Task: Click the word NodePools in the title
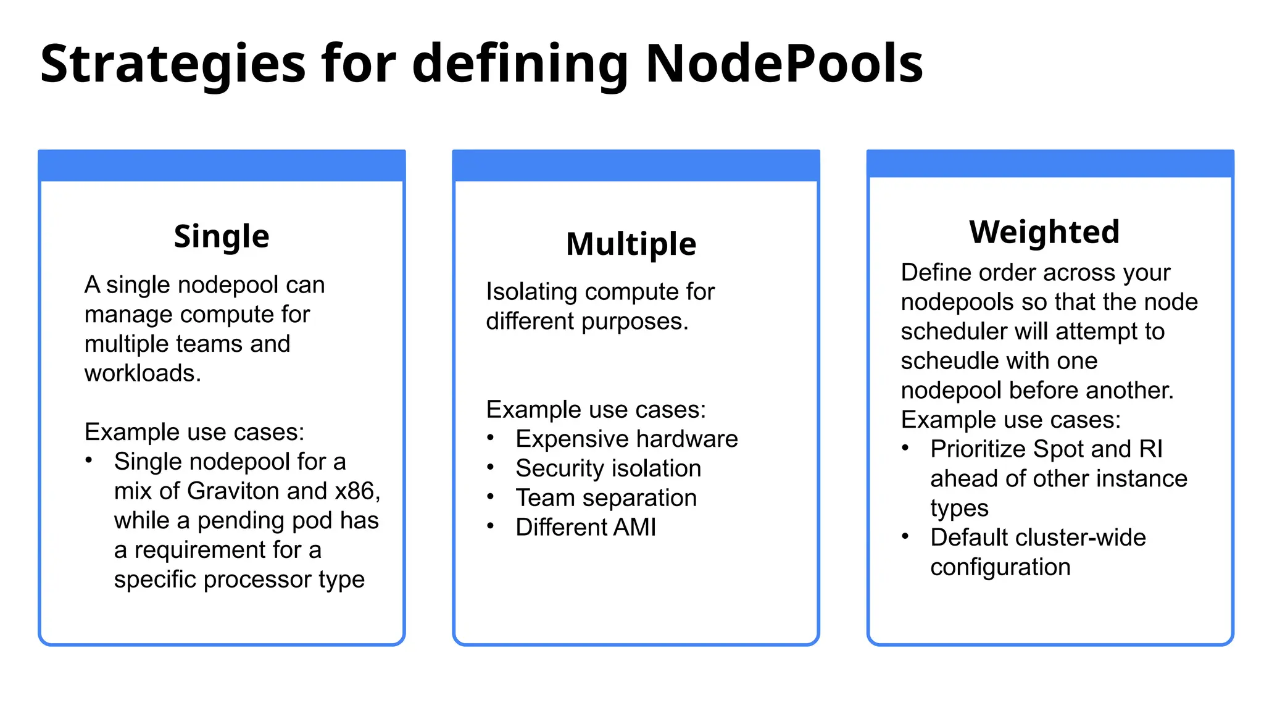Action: pyautogui.click(x=784, y=64)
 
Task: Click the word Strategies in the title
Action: pyautogui.click(x=173, y=65)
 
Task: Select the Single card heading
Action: pyautogui.click(x=222, y=236)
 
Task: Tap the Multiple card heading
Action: pyautogui.click(x=631, y=244)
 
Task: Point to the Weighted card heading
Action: pyautogui.click(x=1044, y=232)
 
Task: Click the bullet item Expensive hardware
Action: pyautogui.click(x=626, y=439)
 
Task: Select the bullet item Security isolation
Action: pyautogui.click(x=608, y=468)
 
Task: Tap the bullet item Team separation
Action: pyautogui.click(x=606, y=498)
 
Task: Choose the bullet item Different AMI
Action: pyautogui.click(x=586, y=528)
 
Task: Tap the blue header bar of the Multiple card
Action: pyautogui.click(x=636, y=165)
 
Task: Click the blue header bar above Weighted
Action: pyautogui.click(x=1050, y=164)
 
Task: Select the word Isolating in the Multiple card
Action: pyautogui.click(x=529, y=292)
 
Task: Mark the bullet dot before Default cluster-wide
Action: pyautogui.click(x=905, y=536)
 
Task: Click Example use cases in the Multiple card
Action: pyautogui.click(x=596, y=410)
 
